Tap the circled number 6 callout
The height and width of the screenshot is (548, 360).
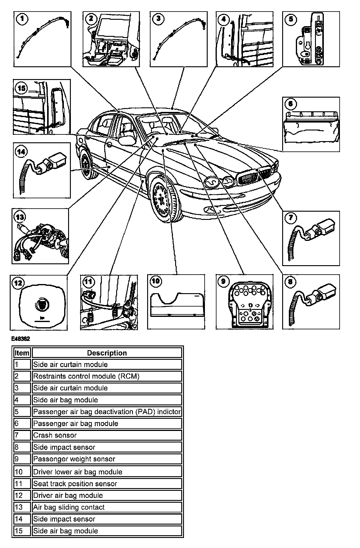click(291, 104)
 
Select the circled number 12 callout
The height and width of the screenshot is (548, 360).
click(19, 283)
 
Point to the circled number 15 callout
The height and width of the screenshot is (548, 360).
click(22, 88)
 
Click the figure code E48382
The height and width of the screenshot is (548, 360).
click(21, 338)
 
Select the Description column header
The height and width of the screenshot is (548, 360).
click(107, 353)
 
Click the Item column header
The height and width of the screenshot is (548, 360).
click(22, 353)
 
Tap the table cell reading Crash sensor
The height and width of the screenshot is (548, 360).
click(107, 435)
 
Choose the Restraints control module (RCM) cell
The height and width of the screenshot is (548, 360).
click(107, 376)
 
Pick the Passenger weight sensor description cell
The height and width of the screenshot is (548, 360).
click(107, 459)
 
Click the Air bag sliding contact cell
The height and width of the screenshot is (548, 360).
click(107, 507)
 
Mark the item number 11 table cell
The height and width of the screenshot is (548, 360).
click(22, 484)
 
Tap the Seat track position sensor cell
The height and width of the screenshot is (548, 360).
click(107, 484)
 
